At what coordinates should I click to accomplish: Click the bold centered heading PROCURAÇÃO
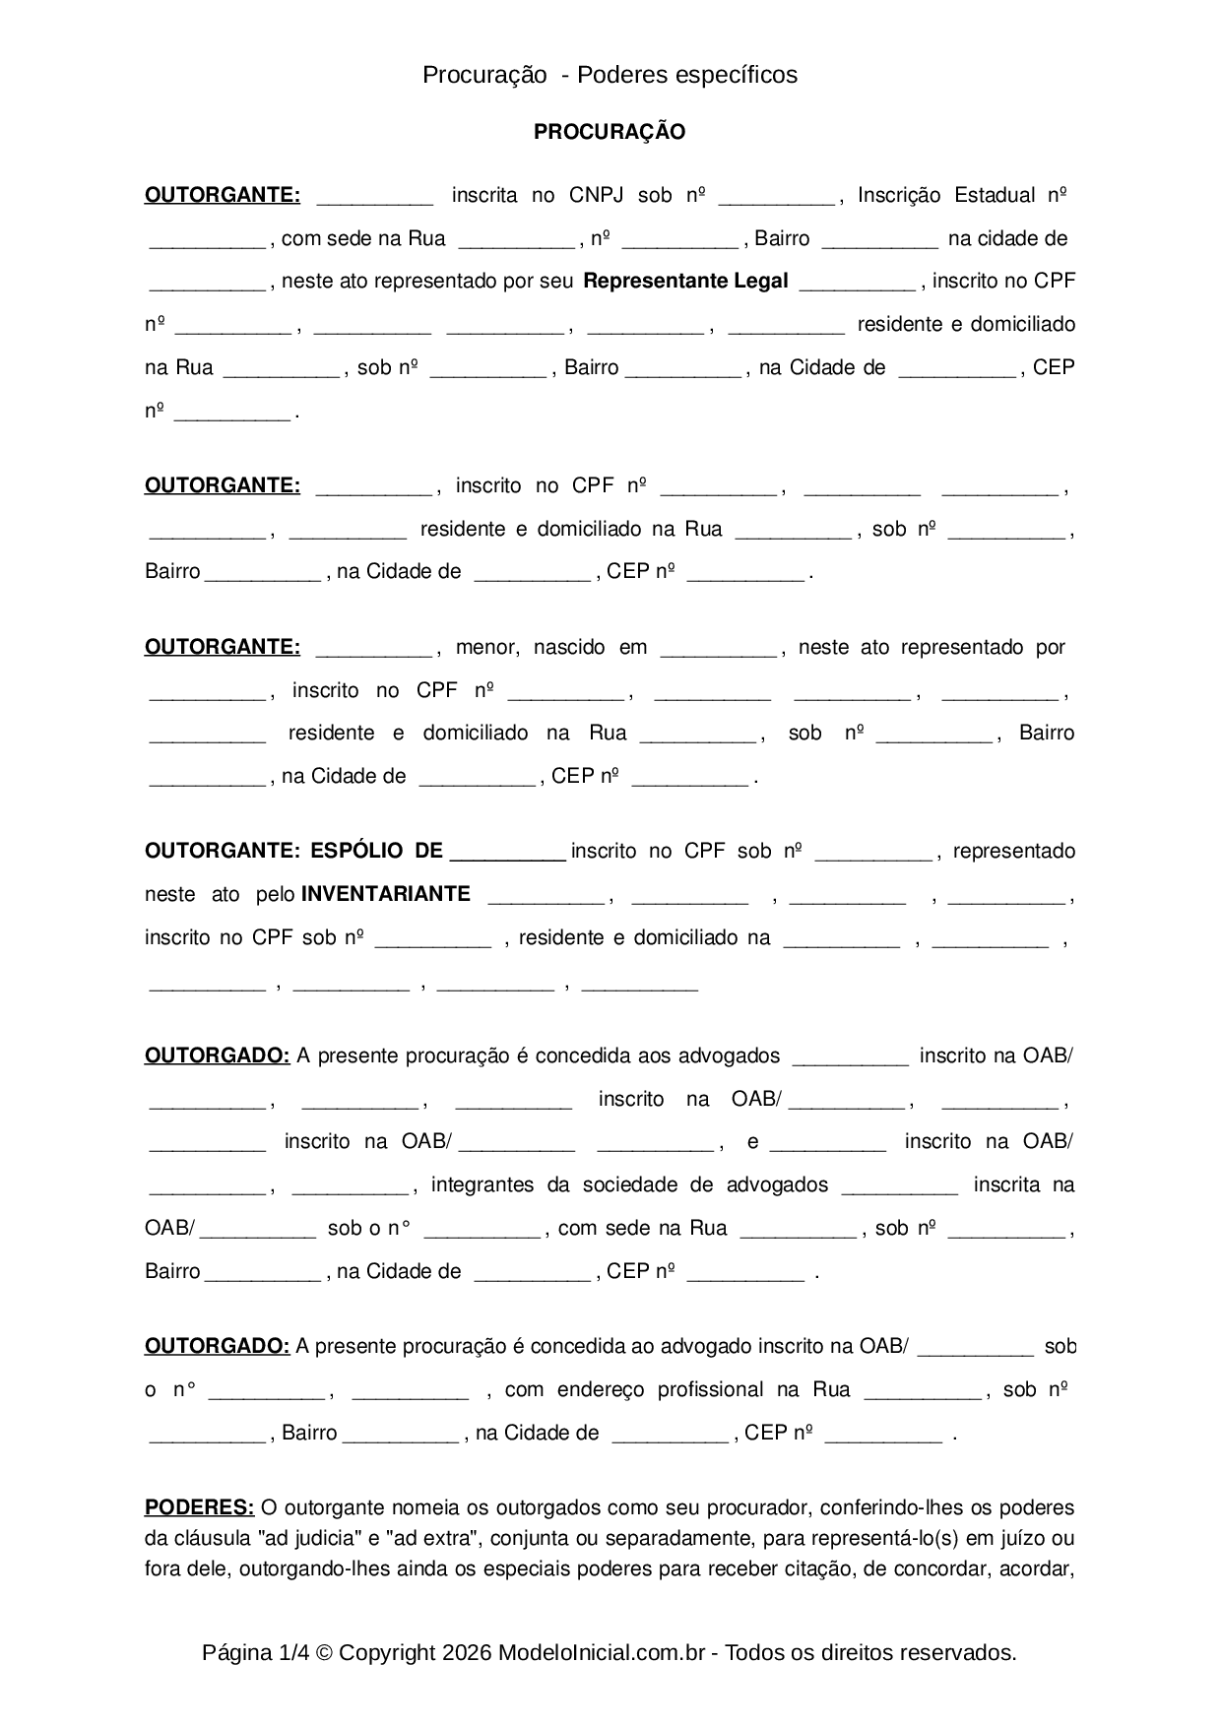click(x=610, y=132)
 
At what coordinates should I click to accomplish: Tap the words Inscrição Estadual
click(x=945, y=195)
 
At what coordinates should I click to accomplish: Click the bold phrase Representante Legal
click(x=685, y=282)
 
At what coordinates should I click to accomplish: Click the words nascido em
click(x=590, y=648)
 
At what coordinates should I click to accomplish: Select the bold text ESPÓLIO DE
click(x=376, y=851)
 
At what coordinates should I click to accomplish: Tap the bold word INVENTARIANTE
click(x=385, y=894)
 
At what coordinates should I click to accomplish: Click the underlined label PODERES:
click(x=199, y=1507)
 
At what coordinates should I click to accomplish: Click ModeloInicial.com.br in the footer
click(x=601, y=1653)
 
